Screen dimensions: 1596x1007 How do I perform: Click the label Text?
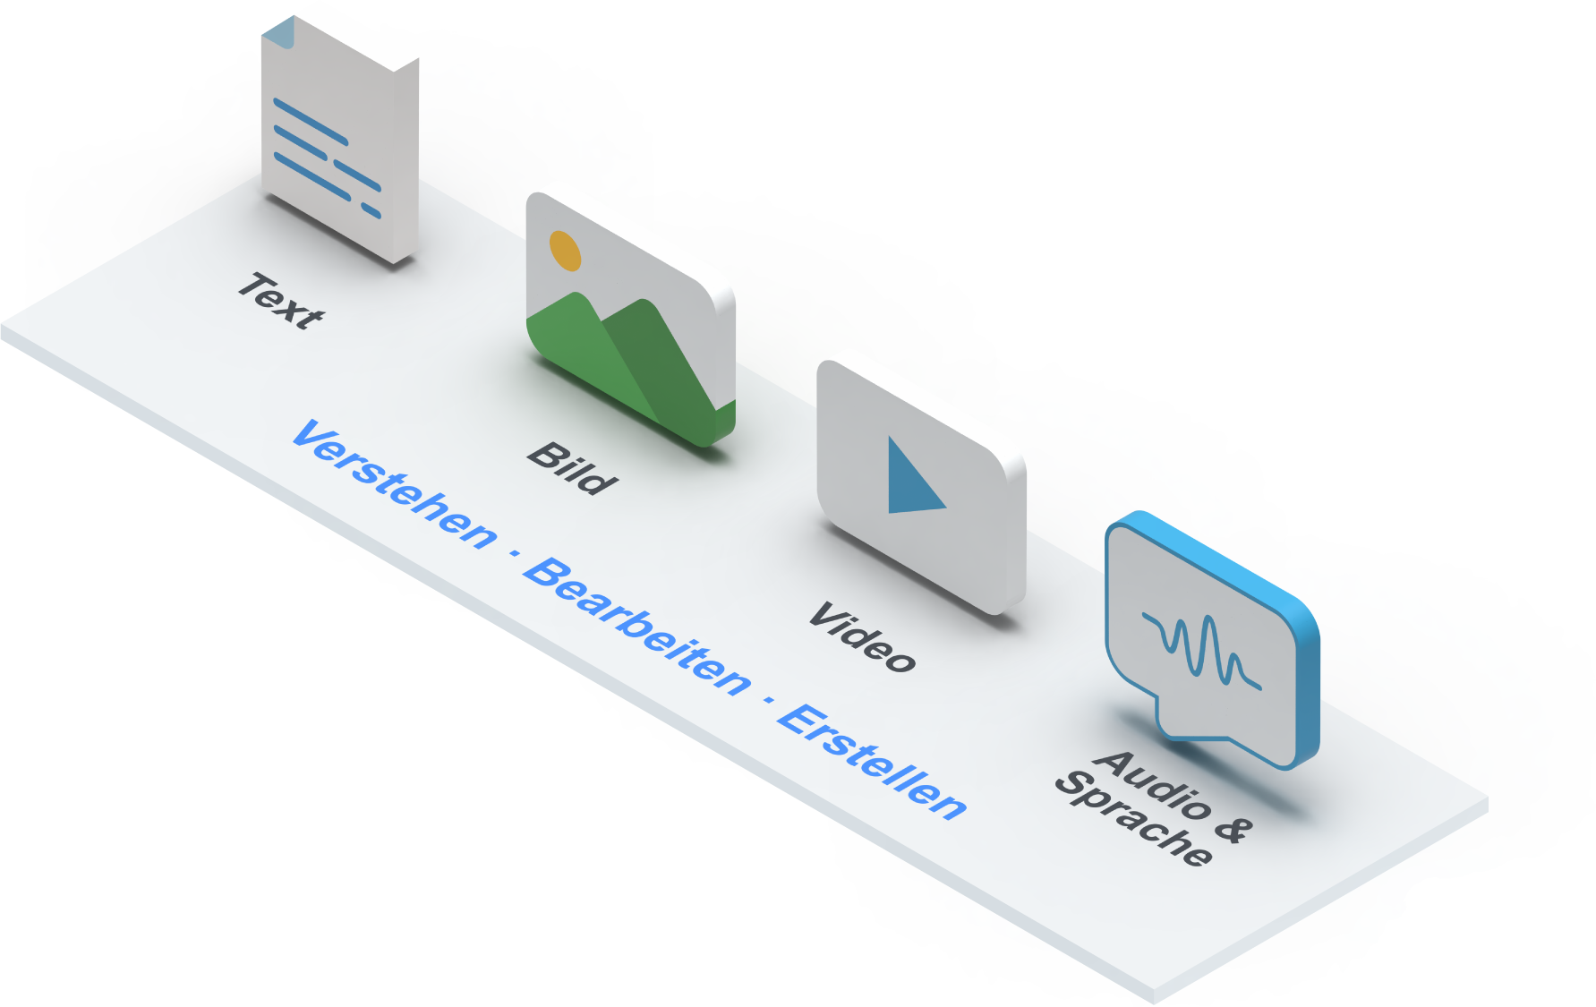(x=280, y=301)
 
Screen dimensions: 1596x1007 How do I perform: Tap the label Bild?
(x=572, y=468)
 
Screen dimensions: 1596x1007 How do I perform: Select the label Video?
(x=862, y=637)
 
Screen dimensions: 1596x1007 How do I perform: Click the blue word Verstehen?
(x=395, y=484)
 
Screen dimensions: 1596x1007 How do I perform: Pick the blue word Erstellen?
(x=872, y=762)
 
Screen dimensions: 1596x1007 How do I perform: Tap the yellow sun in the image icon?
(x=565, y=251)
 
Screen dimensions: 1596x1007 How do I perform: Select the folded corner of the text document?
(x=277, y=33)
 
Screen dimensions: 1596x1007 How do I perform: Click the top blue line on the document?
(x=310, y=122)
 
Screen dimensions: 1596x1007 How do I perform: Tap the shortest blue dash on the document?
(x=371, y=211)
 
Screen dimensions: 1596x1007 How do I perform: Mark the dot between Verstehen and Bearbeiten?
(x=514, y=554)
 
